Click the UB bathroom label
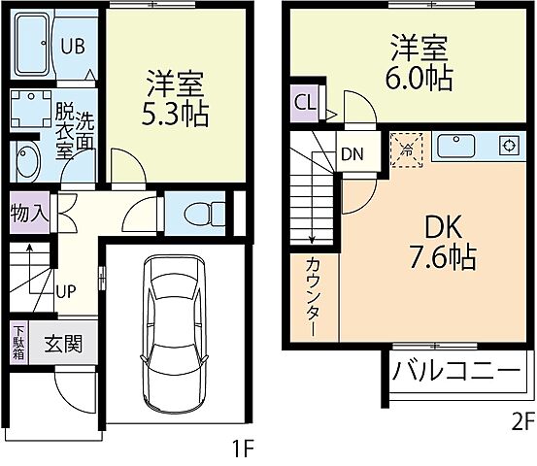73,45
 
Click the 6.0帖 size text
420,79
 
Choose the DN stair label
352,152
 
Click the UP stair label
67,289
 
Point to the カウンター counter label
314,293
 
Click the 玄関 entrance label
62,343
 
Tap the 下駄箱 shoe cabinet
19,343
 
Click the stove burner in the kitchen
506,147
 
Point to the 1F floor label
242,449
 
